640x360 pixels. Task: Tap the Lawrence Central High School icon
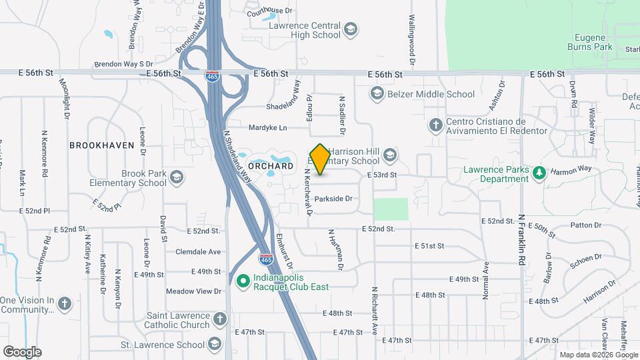coord(351,29)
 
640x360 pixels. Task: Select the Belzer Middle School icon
coord(378,94)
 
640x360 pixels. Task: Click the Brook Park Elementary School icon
coord(176,177)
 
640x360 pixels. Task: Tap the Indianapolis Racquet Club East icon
coord(242,281)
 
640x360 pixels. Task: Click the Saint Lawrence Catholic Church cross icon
coord(221,320)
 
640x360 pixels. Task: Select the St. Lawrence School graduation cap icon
coord(215,345)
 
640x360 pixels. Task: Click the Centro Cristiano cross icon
coord(435,125)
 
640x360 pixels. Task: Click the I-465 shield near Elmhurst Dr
coord(265,258)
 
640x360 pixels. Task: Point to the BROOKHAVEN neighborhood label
coord(102,145)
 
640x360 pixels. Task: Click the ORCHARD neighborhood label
coord(270,165)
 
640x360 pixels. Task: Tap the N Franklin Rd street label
coord(521,240)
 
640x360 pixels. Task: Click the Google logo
coord(22,351)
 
